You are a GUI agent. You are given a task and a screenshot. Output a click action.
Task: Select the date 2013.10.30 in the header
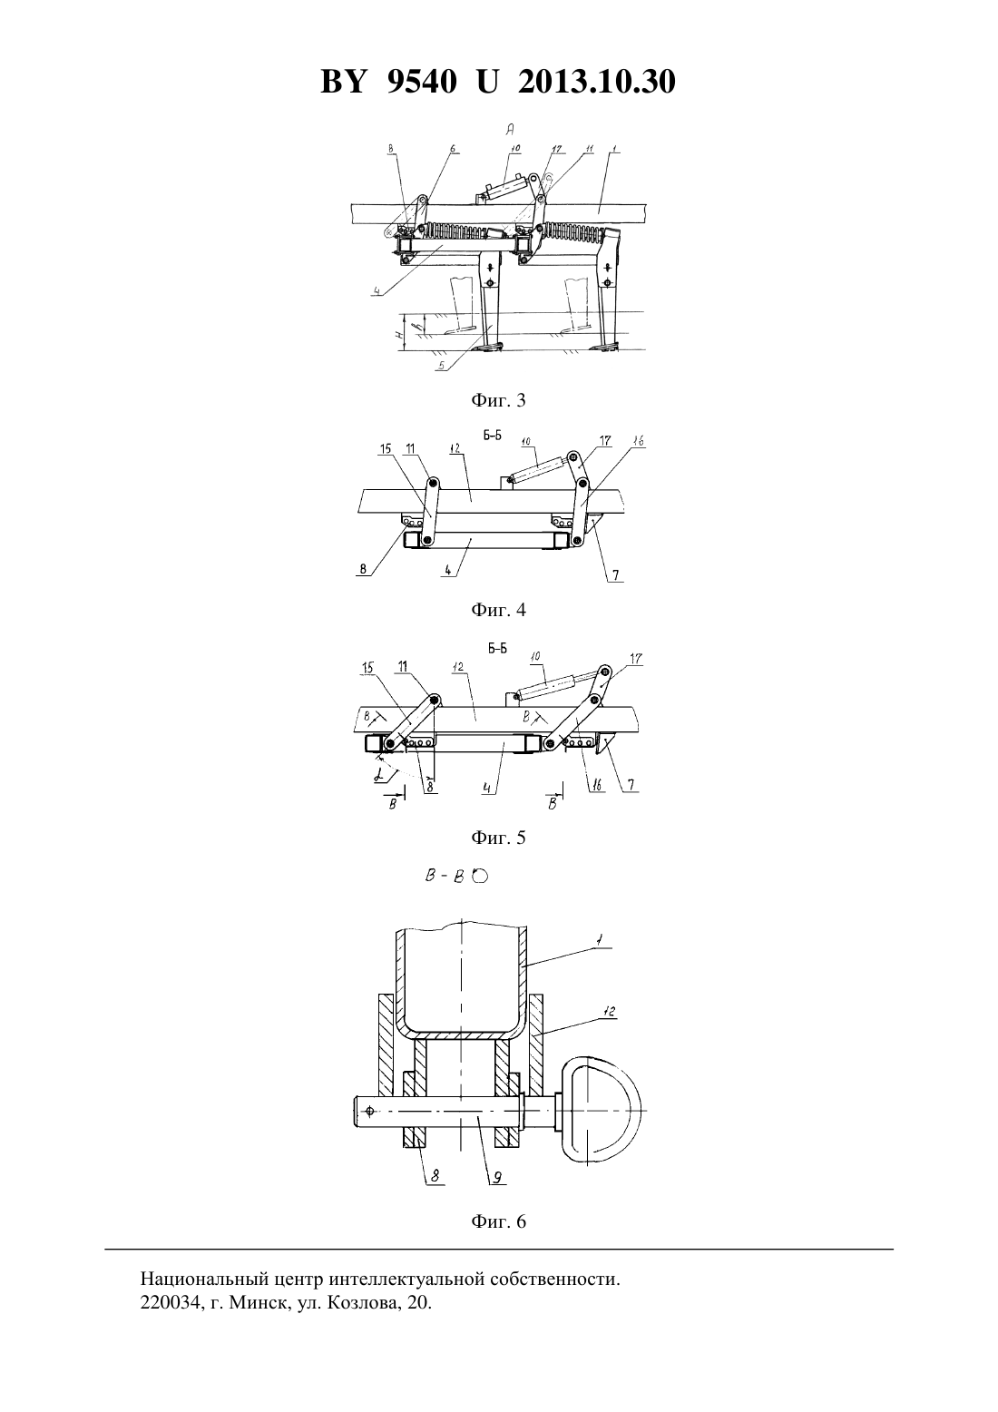pos(596,82)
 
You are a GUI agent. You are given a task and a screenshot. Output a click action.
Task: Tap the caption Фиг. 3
pos(498,400)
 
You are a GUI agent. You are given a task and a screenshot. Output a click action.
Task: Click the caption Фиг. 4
pos(498,610)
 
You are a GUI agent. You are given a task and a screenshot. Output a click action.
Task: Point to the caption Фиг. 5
pos(498,837)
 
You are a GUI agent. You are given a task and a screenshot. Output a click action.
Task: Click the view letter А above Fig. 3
pos(510,129)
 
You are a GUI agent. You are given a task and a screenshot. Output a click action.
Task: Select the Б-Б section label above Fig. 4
pos(492,436)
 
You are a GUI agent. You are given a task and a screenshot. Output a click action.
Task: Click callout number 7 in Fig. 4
pos(615,574)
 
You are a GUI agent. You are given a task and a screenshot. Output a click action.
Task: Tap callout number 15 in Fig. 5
pos(368,667)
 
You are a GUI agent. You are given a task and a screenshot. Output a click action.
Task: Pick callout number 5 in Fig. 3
pos(441,365)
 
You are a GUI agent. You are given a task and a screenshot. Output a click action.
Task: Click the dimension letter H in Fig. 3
pos(399,333)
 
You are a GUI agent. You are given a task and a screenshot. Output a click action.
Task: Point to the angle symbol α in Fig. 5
pos(378,777)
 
